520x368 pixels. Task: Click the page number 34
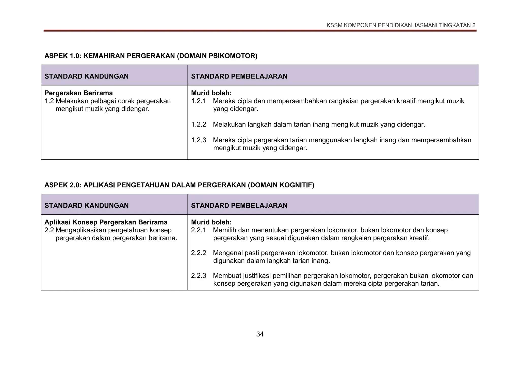tap(260, 334)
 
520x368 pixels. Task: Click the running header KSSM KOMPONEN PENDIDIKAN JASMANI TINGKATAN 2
tap(401, 25)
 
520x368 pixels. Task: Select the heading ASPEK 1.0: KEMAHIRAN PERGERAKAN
tap(151, 56)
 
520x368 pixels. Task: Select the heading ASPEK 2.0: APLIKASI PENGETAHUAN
tap(179, 185)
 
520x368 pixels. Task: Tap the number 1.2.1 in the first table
tap(199, 101)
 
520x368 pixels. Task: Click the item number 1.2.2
tap(199, 125)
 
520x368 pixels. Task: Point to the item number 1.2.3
tap(199, 140)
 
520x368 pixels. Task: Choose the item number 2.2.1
tap(199, 230)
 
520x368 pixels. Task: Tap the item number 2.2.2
tap(199, 253)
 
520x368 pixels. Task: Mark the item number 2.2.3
tap(199, 275)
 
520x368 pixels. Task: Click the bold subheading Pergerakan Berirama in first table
tap(79, 93)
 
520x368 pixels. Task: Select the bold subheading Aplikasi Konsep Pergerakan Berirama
tap(106, 222)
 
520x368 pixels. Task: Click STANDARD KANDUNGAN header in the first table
tap(87, 76)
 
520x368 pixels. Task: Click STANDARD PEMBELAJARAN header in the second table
tap(239, 206)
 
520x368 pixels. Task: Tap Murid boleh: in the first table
tap(211, 93)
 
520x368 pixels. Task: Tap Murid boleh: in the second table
tap(211, 222)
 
